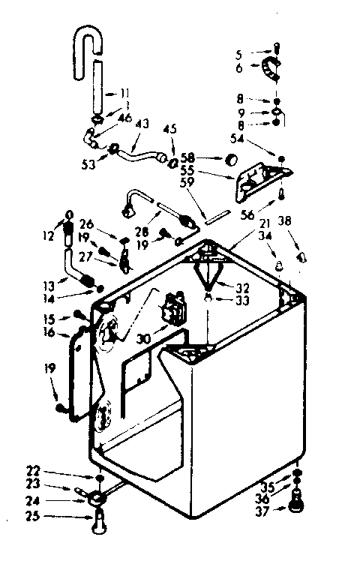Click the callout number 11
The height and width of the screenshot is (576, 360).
pos(124,94)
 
